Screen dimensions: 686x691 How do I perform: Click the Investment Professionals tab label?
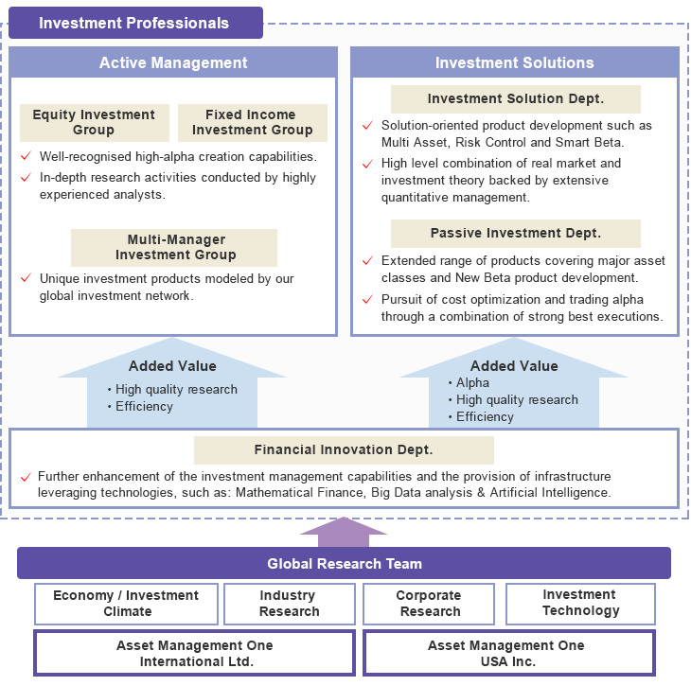(x=134, y=23)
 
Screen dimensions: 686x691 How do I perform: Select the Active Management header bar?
(x=173, y=63)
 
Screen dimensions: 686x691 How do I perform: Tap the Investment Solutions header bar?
(x=514, y=63)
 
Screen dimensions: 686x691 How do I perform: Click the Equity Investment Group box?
(x=94, y=123)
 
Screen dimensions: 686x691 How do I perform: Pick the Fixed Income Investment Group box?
(x=252, y=123)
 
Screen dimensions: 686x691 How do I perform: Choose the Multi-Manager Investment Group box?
(x=175, y=247)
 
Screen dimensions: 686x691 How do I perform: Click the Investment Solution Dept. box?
(x=515, y=99)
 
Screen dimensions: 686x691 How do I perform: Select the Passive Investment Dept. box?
(x=515, y=234)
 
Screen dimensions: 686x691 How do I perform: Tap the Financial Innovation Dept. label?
(x=344, y=450)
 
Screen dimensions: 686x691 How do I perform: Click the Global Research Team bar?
(x=344, y=564)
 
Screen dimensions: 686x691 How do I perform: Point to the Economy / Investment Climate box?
(x=126, y=604)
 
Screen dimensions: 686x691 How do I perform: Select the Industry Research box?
(x=289, y=604)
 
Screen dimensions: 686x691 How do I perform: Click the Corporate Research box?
(x=429, y=604)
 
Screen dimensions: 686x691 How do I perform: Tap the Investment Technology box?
(x=580, y=603)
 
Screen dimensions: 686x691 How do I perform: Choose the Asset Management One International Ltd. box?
(x=194, y=653)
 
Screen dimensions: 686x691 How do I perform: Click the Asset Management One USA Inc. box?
(x=507, y=653)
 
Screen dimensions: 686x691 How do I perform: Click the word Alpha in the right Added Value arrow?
(x=472, y=383)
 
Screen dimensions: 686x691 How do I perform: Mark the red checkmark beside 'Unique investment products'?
(x=27, y=278)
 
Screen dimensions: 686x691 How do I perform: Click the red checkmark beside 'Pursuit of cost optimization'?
(x=367, y=299)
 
